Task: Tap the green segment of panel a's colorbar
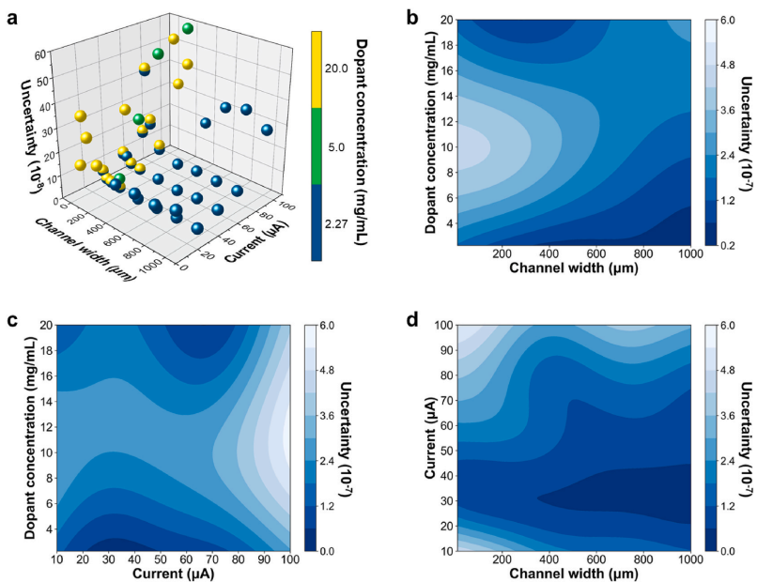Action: point(318,145)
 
